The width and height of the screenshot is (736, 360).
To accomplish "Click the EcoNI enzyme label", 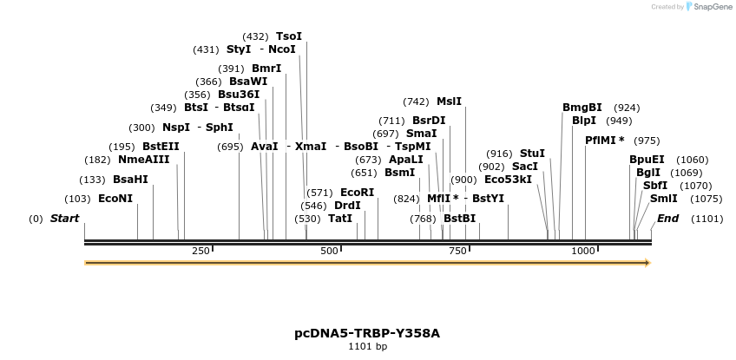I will coord(115,199).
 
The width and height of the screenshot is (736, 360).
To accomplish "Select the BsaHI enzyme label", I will coord(130,180).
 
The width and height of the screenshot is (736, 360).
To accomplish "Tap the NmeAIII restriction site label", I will coord(143,160).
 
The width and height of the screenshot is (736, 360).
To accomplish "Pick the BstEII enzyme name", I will coord(161,147).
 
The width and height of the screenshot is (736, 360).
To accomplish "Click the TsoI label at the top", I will coord(289,36).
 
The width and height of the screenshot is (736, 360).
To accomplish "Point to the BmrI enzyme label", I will coord(266,69).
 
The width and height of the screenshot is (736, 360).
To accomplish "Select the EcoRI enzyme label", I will coord(357,193).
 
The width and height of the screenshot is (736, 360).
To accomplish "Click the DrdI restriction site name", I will coord(347,206).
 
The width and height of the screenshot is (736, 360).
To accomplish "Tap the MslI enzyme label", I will coord(449,101).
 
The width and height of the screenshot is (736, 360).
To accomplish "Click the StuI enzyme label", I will coord(532,154).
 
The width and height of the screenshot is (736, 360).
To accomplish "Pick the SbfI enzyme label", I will coord(655,186).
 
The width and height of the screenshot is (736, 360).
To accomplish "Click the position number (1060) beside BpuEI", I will coord(693,160).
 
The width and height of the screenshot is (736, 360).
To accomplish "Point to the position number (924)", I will coord(627,108).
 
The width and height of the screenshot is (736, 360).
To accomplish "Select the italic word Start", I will coord(64,218).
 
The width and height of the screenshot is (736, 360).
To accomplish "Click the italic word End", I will coord(667,218).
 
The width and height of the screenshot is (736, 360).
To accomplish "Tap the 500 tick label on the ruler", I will coord(329,251).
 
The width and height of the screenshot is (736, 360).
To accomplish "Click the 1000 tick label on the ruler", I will coord(582,251).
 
